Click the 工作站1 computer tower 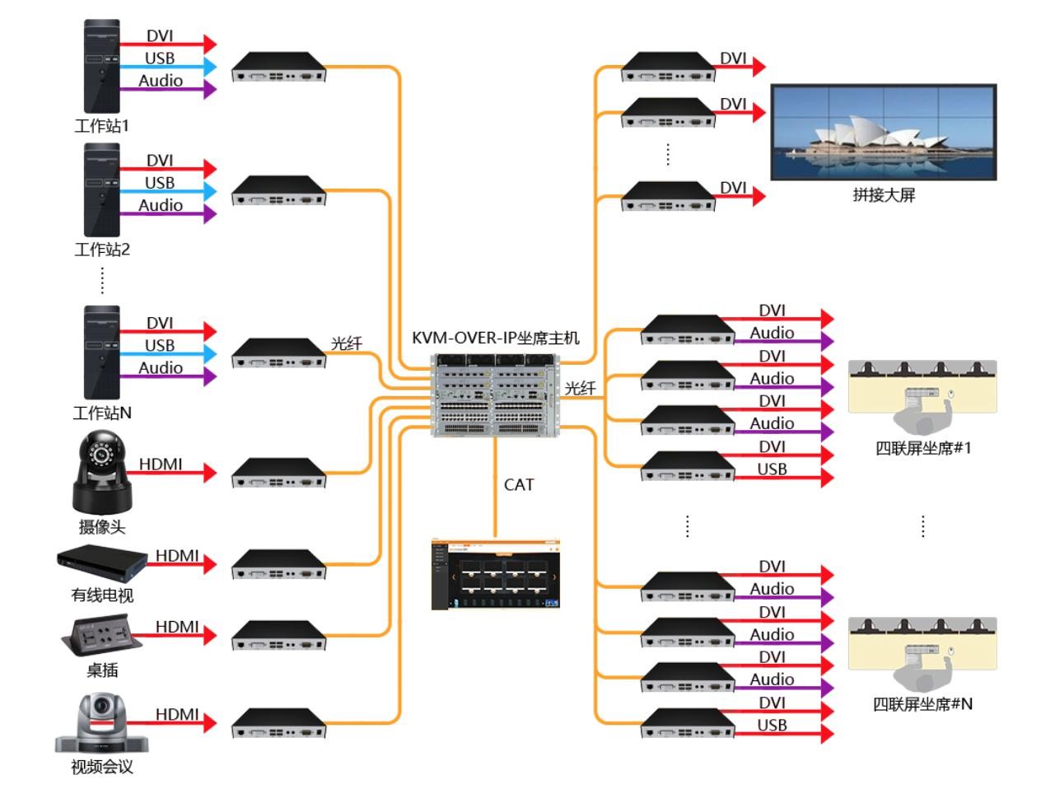[102, 66]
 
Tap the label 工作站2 [102, 249]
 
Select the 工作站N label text [102, 413]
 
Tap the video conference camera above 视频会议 [102, 723]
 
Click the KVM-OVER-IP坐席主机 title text [495, 338]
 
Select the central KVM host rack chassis [495, 394]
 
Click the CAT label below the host [519, 485]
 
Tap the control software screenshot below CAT [495, 575]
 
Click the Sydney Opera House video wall [883, 132]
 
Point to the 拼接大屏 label [883, 195]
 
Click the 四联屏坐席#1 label [922, 448]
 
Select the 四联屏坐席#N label [922, 704]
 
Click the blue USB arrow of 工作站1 [168, 67]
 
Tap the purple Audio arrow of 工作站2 [168, 213]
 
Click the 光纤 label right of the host [580, 388]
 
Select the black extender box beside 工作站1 [278, 67]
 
